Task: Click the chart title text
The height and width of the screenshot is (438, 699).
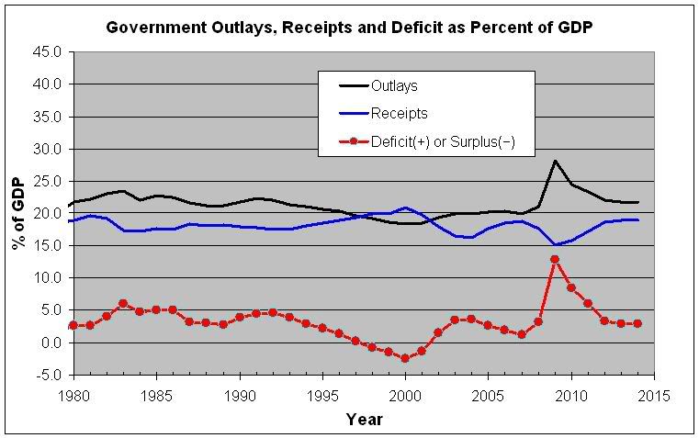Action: pos(348,27)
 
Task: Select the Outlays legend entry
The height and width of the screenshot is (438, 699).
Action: pos(393,86)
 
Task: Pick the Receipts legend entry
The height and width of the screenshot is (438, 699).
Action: pos(399,114)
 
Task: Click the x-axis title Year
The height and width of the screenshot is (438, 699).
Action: pos(364,419)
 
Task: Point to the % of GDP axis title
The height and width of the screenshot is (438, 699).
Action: pos(17,213)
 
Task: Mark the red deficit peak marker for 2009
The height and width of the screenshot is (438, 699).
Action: pos(555,260)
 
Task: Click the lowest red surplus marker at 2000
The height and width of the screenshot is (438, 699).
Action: pos(405,358)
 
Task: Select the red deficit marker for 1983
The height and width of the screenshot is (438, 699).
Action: pos(123,303)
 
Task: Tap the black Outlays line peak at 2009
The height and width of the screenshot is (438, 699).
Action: pos(555,161)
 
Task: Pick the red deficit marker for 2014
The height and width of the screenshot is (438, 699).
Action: pos(637,323)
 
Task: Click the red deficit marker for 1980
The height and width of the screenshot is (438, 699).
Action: pos(73,325)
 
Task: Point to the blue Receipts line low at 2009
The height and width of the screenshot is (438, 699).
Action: pos(555,245)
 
